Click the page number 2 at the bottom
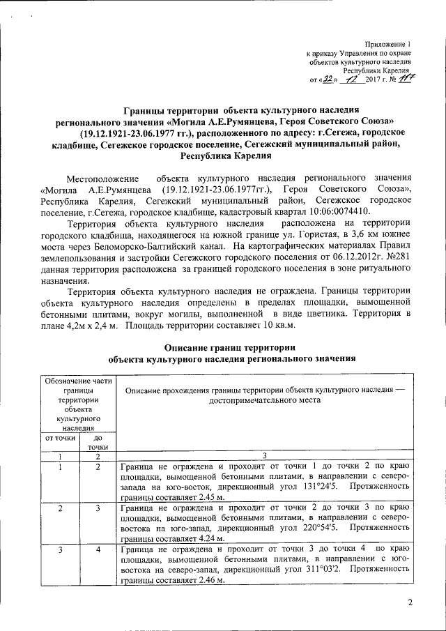coord(410,602)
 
